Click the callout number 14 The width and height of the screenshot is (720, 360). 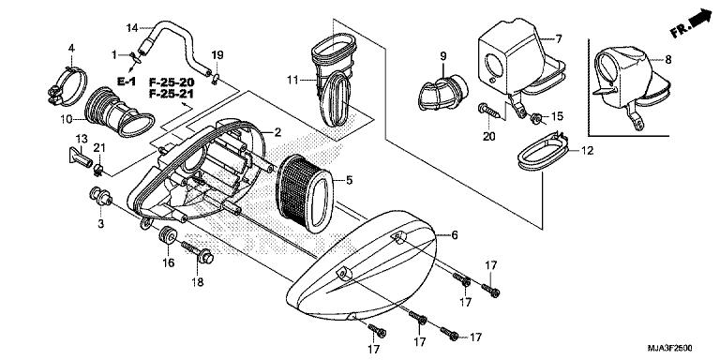[x=131, y=26]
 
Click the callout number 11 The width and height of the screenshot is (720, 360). [x=292, y=81]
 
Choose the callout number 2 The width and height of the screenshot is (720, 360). [x=277, y=133]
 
